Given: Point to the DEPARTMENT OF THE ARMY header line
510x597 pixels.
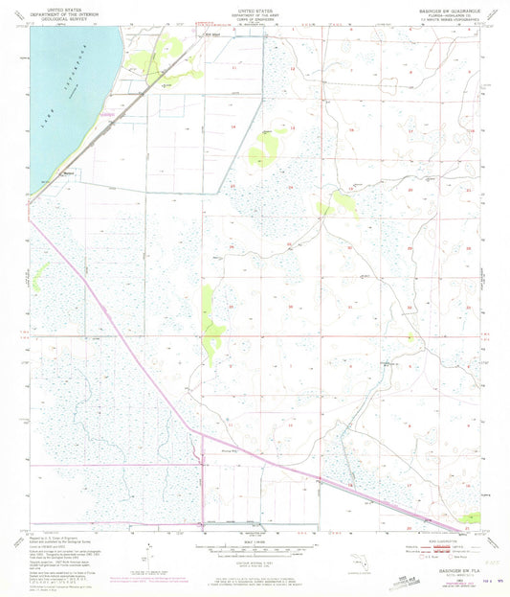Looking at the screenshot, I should [x=255, y=12].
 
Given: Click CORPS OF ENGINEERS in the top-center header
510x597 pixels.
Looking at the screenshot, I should [x=255, y=17].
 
